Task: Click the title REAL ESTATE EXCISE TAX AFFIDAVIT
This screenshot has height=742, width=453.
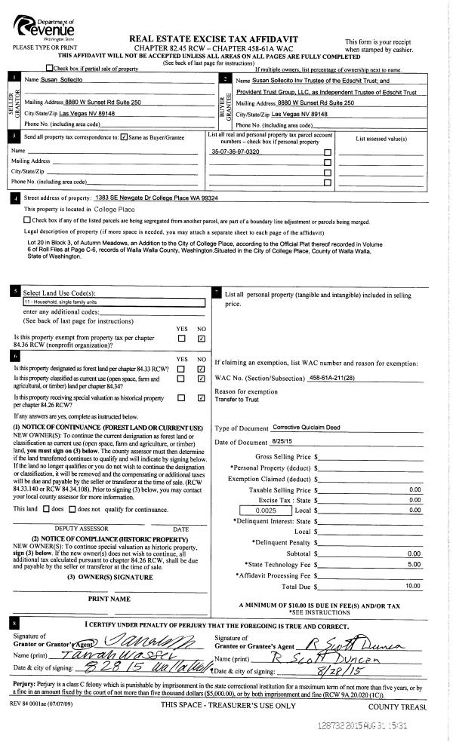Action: tap(213, 38)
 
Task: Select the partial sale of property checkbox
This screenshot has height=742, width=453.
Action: tap(51, 69)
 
